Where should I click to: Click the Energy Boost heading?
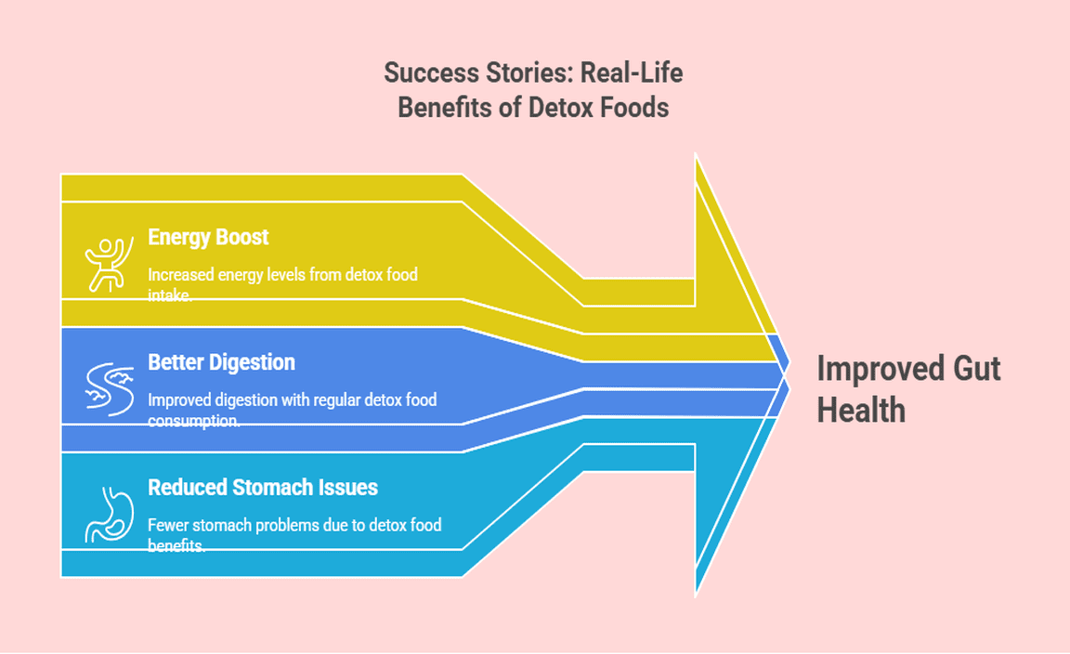(x=208, y=237)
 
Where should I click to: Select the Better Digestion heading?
(x=221, y=362)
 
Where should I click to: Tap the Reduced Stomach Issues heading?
(x=263, y=487)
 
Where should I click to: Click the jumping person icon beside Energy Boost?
(x=105, y=264)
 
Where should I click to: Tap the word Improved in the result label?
(x=876, y=369)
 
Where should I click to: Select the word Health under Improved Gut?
(x=861, y=410)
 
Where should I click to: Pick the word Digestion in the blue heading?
(x=251, y=362)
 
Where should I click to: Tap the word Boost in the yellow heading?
(x=240, y=237)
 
